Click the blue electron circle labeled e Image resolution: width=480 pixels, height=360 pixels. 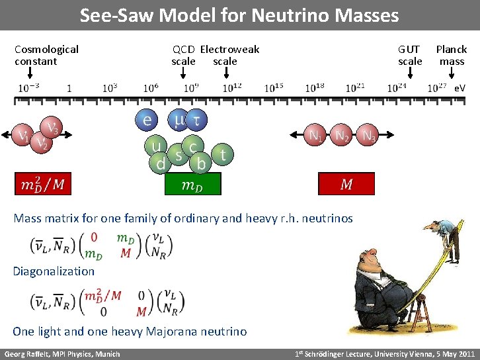click(x=147, y=120)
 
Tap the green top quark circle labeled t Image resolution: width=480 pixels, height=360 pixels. click(x=223, y=155)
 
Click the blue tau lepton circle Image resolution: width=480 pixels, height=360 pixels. click(x=196, y=120)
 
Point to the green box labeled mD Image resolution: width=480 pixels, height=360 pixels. click(x=192, y=185)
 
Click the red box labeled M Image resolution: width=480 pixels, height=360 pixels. click(x=346, y=185)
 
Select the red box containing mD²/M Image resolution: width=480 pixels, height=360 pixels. click(x=43, y=185)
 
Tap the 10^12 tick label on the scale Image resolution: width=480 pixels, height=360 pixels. click(x=231, y=87)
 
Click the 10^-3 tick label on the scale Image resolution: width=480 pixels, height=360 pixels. click(x=28, y=87)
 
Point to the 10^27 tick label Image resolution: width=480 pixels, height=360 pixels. click(x=437, y=87)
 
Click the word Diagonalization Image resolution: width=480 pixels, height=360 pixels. click(x=54, y=271)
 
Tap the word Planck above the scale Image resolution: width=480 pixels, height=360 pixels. click(x=451, y=50)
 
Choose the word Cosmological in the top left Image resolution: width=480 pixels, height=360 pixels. click(x=46, y=50)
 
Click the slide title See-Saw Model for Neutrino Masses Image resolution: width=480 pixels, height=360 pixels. click(x=239, y=15)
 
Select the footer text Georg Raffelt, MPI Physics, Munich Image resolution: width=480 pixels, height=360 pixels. click(x=62, y=354)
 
